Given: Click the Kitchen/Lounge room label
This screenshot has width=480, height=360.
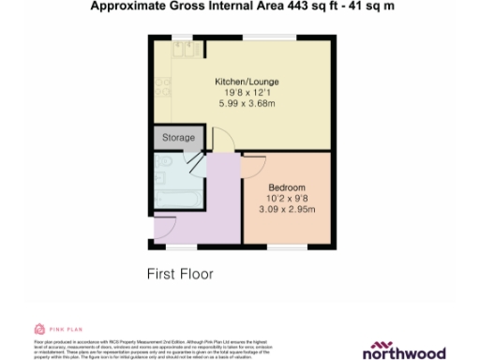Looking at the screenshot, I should pos(247,82).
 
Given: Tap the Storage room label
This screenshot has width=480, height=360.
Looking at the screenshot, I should pos(178,138).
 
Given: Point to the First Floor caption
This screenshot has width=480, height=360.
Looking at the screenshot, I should pos(180,275).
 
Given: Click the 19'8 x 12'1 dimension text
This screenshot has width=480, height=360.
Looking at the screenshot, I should pos(247,93).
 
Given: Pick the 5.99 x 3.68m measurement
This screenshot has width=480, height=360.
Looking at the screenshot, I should pos(247,103).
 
